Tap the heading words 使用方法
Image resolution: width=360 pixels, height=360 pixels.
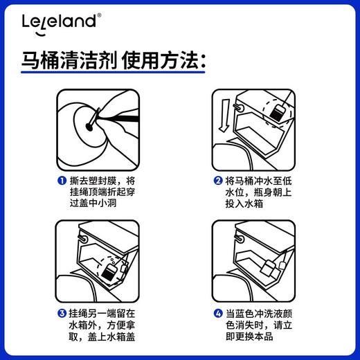[164, 63]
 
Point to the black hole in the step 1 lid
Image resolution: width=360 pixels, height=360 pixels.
[93, 125]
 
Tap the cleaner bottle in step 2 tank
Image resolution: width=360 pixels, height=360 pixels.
[280, 114]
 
